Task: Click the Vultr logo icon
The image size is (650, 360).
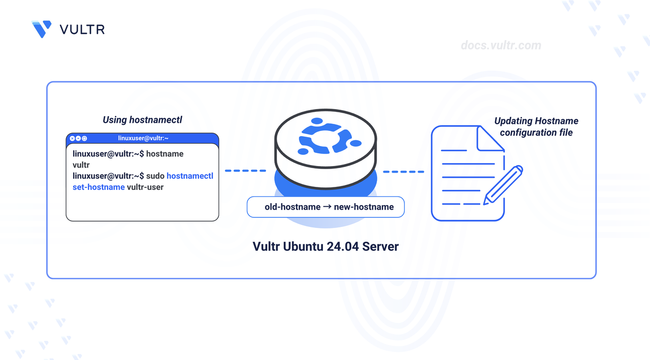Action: tap(42, 29)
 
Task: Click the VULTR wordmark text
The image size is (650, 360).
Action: tap(82, 29)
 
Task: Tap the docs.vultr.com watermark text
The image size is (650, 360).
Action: tap(501, 46)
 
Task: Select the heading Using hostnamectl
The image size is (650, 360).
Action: tap(142, 120)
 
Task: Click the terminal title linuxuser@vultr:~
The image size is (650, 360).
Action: tap(143, 138)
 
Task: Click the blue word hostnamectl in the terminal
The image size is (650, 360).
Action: tap(190, 176)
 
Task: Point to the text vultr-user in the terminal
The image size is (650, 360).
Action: tap(145, 187)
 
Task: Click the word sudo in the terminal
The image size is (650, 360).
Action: tap(155, 176)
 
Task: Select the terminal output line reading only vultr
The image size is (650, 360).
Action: tap(81, 165)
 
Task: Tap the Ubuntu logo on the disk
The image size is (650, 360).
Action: tap(325, 136)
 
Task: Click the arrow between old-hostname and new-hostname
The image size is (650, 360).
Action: tap(327, 207)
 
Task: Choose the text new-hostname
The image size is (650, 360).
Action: tap(364, 207)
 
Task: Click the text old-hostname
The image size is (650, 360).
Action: tap(292, 207)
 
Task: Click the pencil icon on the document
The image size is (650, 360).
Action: tap(503, 185)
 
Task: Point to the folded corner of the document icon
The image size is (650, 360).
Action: tap(490, 140)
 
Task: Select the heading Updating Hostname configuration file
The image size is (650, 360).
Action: tap(536, 127)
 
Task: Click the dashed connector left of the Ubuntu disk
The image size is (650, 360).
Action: tap(245, 171)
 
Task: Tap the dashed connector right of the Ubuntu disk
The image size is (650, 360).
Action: tap(403, 172)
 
